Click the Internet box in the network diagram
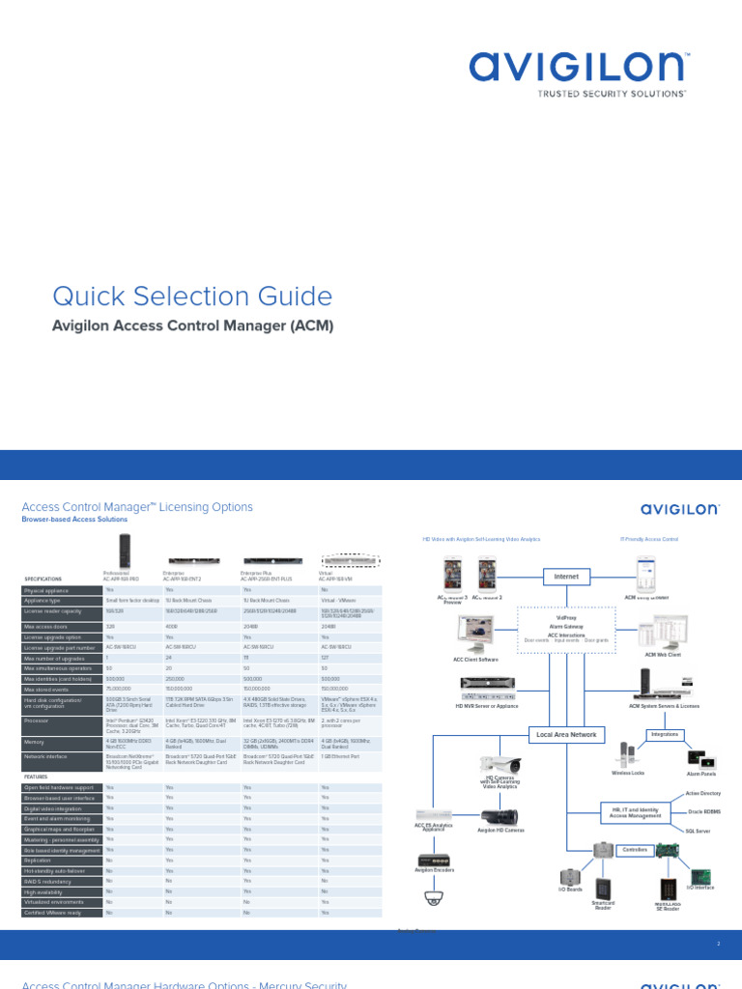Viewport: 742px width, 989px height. tap(566, 577)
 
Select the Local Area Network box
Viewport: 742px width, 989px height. tap(566, 734)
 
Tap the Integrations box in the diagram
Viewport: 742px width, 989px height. tap(665, 734)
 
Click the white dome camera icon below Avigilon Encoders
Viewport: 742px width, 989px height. tap(432, 898)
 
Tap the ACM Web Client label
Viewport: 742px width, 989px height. tap(663, 654)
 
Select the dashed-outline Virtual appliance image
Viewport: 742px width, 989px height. tap(350, 561)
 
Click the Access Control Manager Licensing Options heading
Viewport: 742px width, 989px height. tap(137, 507)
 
